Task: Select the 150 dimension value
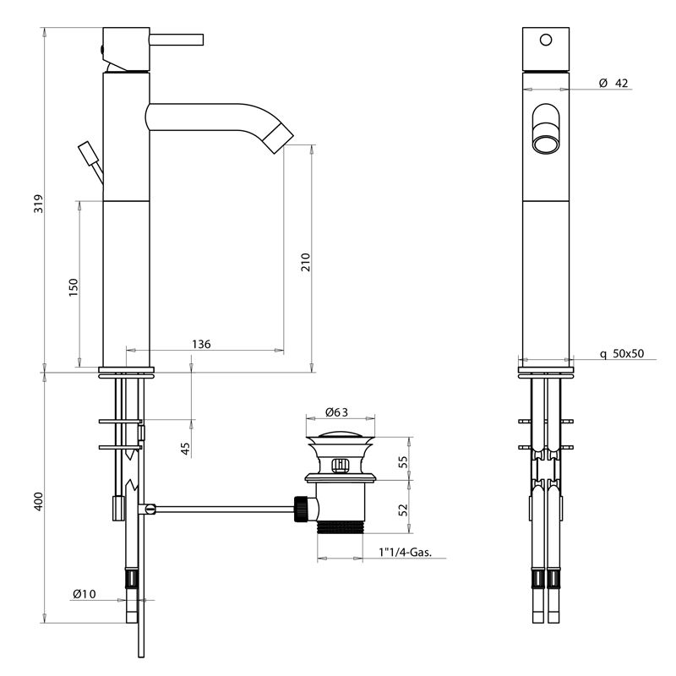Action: tap(74, 286)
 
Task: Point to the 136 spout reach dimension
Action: tap(201, 344)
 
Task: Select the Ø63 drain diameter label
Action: tap(337, 413)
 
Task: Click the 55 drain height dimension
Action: tap(403, 461)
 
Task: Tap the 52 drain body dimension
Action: tap(403, 510)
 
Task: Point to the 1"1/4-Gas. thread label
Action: tap(406, 554)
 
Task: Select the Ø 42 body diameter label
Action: tap(613, 83)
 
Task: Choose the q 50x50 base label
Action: tap(622, 354)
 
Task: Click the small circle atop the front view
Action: tap(545, 39)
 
